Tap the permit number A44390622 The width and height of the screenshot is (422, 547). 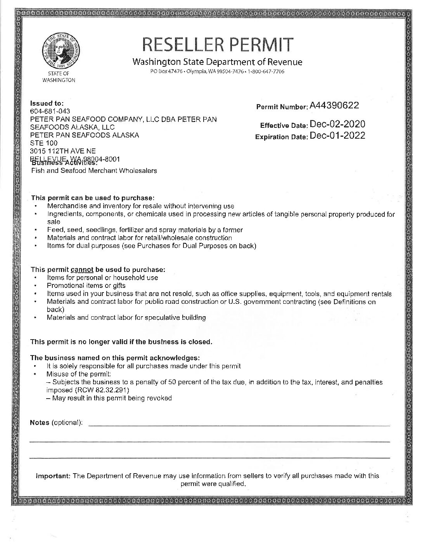tap(334, 105)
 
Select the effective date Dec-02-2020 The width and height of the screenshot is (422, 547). tap(337, 124)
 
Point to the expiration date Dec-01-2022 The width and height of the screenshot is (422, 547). tap(337, 136)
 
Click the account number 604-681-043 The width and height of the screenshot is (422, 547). tap(50, 111)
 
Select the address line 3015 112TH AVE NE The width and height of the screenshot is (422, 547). tap(63, 151)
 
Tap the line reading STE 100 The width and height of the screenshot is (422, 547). tap(44, 143)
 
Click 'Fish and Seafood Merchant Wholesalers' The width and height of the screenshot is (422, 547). tap(94, 171)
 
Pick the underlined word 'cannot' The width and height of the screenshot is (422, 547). tap(81, 269)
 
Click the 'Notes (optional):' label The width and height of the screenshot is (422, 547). tap(56, 422)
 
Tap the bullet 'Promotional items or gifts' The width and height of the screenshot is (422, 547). tap(86, 286)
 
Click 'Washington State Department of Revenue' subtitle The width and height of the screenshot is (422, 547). tap(217, 62)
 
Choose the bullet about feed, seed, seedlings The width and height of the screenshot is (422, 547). tap(145, 230)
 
